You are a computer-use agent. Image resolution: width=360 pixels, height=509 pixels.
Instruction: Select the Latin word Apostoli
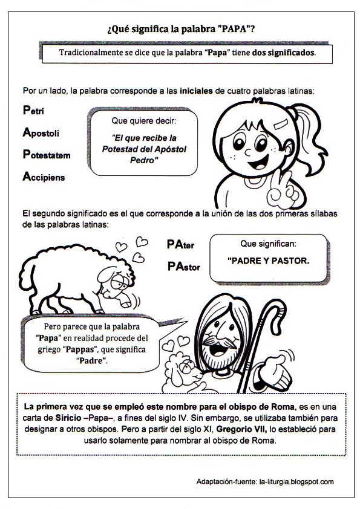click(x=41, y=132)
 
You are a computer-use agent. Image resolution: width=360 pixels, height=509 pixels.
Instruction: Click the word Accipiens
click(x=44, y=177)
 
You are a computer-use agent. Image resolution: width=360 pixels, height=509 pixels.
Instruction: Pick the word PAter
click(x=180, y=245)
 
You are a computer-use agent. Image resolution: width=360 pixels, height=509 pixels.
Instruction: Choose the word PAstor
click(x=184, y=266)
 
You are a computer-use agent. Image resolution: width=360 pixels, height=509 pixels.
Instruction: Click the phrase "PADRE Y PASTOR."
click(x=268, y=262)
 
